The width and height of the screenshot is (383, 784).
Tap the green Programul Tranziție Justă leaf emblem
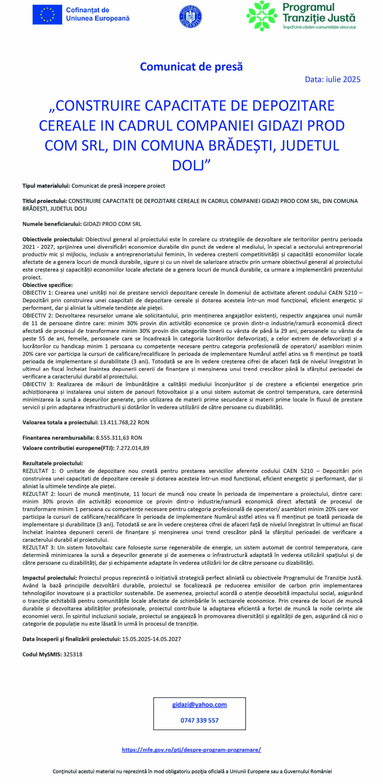(261, 16)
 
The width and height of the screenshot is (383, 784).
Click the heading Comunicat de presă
(191, 67)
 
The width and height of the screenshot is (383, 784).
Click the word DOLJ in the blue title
(191, 165)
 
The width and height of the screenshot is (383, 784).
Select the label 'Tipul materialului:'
(46, 186)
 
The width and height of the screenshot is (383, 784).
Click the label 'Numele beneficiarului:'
(52, 224)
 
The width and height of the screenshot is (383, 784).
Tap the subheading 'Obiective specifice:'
(47, 285)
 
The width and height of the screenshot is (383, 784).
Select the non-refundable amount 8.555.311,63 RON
(119, 438)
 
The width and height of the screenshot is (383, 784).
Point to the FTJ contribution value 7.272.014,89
(133, 448)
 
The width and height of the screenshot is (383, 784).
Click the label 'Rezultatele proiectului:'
(53, 463)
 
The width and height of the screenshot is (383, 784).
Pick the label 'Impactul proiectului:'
(49, 578)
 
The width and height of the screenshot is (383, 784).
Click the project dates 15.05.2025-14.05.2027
(151, 639)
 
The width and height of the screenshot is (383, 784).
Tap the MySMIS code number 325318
(73, 654)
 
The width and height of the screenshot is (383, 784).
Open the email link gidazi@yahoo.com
(199, 705)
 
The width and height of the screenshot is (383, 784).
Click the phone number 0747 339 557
(199, 720)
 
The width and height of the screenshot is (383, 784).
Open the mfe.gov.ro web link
(191, 750)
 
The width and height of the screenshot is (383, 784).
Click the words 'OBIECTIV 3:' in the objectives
(37, 384)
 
